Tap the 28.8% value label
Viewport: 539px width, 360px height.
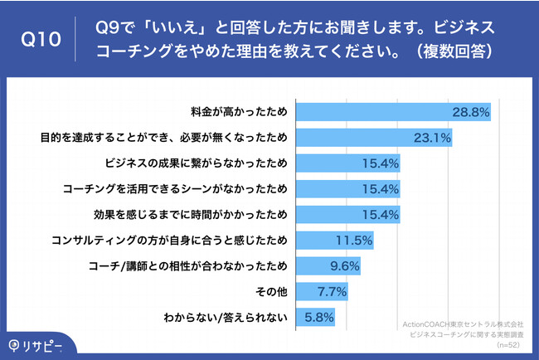(x=471, y=110)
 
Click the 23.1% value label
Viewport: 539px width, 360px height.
(x=431, y=136)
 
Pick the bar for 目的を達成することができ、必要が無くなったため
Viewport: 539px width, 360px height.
(x=374, y=136)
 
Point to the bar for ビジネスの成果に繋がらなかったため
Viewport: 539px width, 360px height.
(x=348, y=162)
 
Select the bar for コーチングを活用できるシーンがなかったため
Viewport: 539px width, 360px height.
(x=348, y=188)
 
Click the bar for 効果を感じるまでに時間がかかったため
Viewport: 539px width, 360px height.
(x=348, y=214)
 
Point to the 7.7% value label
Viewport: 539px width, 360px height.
(x=329, y=291)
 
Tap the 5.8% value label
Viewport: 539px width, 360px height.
(x=317, y=317)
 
